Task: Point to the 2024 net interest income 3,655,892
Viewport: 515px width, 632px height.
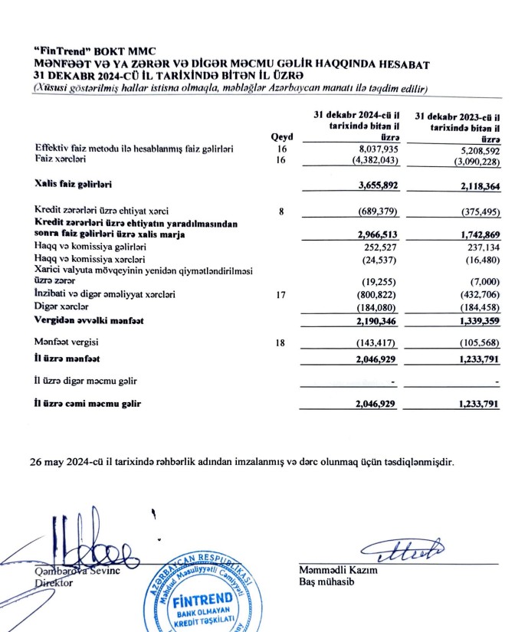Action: (371, 186)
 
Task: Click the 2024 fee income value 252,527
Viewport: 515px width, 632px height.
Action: (379, 247)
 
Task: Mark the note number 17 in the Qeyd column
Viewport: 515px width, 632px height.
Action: (282, 293)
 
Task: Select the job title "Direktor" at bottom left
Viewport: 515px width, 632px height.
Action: (52, 582)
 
